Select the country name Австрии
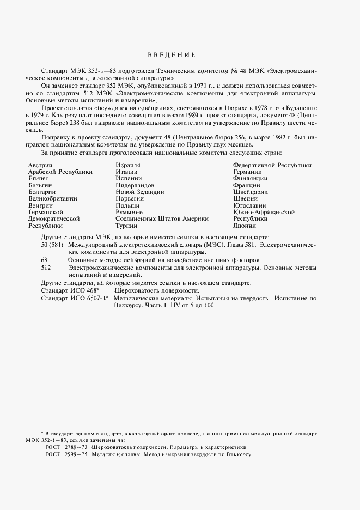(40, 165)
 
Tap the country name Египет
(38, 178)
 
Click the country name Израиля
(129, 165)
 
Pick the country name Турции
(126, 226)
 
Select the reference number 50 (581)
(52, 245)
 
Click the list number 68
(45, 260)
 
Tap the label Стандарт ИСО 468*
(70, 290)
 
